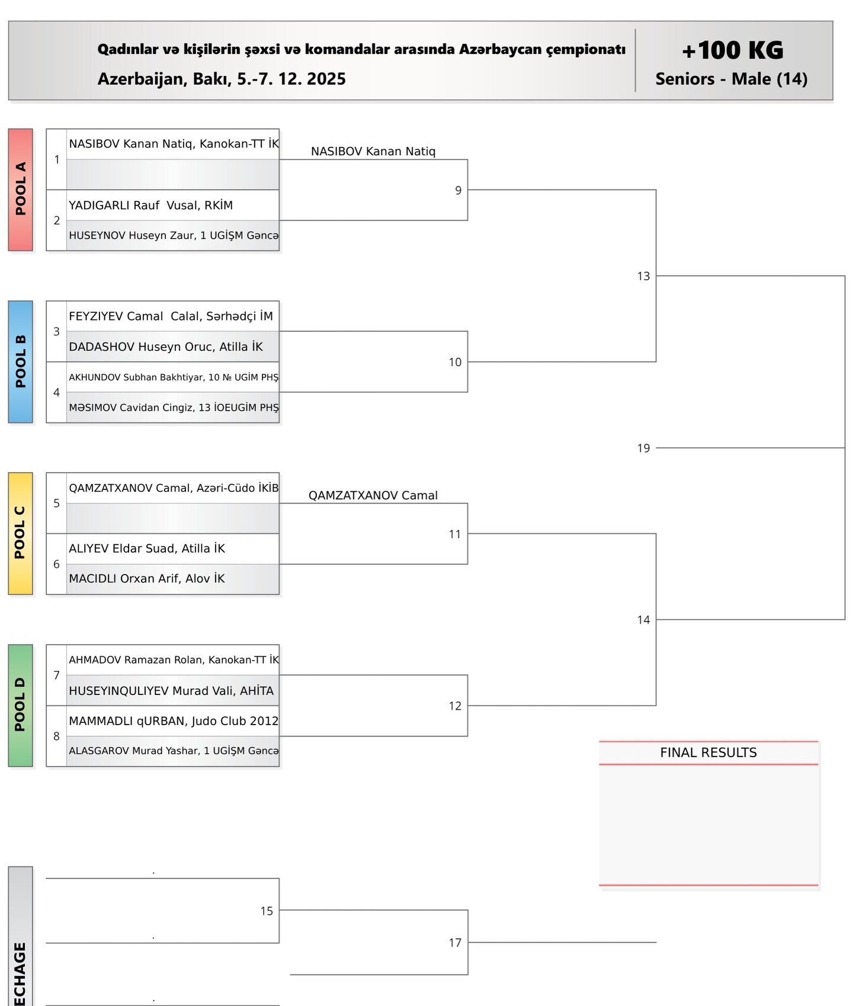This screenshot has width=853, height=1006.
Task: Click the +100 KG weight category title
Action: (x=732, y=50)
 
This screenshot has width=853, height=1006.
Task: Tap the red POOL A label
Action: (x=21, y=190)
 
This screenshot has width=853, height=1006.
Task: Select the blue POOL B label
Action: (x=21, y=361)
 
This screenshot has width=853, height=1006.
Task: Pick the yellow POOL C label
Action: (x=21, y=533)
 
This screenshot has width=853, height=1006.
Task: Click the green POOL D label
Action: (x=21, y=705)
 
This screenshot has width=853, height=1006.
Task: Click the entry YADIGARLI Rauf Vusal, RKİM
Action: (x=151, y=206)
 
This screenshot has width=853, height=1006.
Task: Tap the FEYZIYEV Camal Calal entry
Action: (x=171, y=316)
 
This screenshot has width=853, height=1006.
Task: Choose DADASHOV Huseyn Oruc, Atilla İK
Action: (x=166, y=347)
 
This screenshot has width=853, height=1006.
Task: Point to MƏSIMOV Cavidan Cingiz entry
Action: (x=173, y=408)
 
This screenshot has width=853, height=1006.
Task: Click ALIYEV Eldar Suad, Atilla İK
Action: (x=147, y=549)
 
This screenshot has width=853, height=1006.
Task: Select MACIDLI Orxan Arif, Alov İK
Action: (x=147, y=579)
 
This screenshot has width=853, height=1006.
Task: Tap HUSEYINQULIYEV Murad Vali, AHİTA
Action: (x=171, y=691)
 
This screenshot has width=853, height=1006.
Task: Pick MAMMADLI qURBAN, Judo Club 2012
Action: (x=173, y=721)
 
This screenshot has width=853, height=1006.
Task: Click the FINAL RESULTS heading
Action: (x=708, y=752)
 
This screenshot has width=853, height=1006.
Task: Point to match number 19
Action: (x=643, y=448)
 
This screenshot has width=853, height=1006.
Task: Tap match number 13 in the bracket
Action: (x=643, y=276)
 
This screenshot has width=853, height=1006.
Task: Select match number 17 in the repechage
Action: (x=455, y=943)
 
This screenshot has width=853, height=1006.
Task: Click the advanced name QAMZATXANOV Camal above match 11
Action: (x=373, y=495)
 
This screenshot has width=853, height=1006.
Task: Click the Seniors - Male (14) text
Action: (x=731, y=79)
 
